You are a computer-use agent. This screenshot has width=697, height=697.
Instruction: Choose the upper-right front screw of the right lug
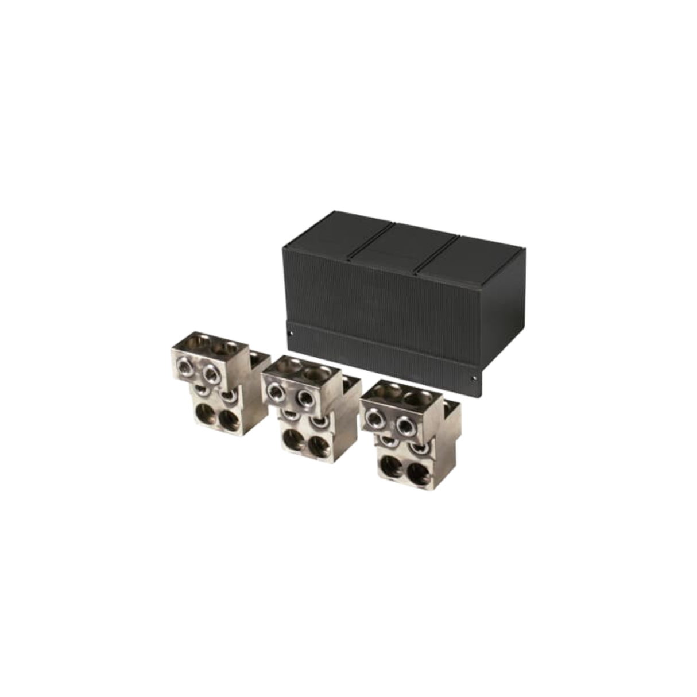click(x=404, y=425)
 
